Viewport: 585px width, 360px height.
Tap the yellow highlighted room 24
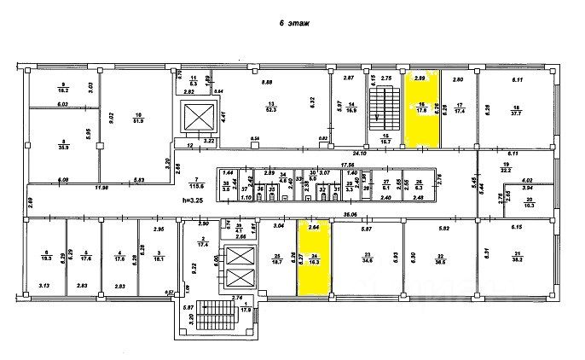point(313,256)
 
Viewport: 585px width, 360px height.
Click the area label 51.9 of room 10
point(138,119)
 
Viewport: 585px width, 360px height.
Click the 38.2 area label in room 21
point(517,259)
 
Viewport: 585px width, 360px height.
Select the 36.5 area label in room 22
point(441,259)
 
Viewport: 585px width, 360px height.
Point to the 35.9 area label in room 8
point(64,147)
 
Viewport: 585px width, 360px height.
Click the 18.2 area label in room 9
point(63,89)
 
